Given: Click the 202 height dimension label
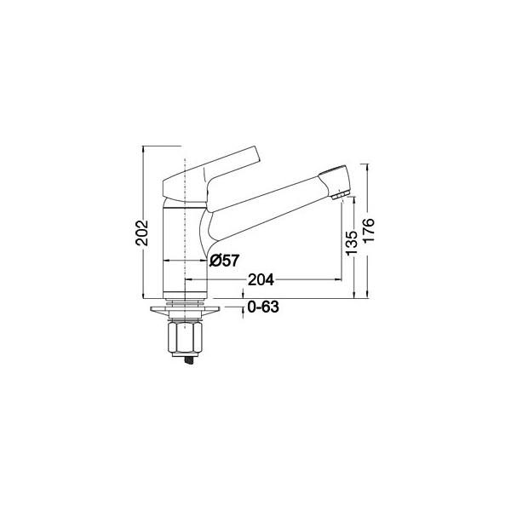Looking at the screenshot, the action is coord(142,233).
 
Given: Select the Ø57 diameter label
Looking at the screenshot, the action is coord(225,261).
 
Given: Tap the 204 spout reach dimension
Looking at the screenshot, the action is coord(261,279).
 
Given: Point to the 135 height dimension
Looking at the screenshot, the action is coord(351,243).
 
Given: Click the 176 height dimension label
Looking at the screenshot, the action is coord(369,230).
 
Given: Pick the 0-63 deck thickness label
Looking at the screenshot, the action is coord(263,307).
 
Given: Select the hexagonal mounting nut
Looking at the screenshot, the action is coord(185,338).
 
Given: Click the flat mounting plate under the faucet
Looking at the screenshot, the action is coord(185,309).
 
